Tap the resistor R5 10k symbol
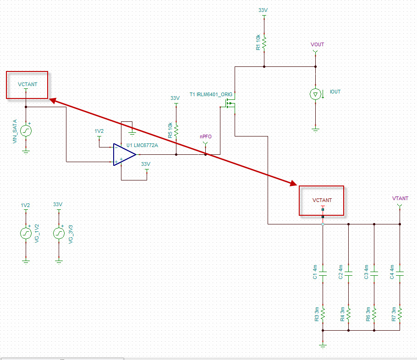(x=176, y=130)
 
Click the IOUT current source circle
(x=315, y=94)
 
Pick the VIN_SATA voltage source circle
(x=26, y=130)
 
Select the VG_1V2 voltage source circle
(x=26, y=233)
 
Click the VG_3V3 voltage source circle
(x=58, y=233)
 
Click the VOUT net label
(x=317, y=44)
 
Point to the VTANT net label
(x=400, y=198)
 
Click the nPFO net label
(x=205, y=136)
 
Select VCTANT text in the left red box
(x=27, y=84)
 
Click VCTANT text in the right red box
(x=322, y=200)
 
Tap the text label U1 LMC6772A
(x=142, y=145)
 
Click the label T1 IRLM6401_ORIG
(x=211, y=94)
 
